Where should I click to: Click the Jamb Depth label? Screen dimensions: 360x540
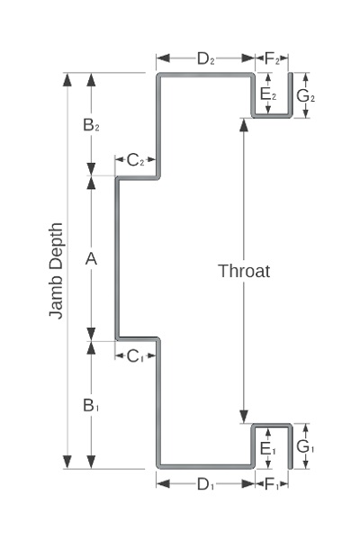tap(56, 271)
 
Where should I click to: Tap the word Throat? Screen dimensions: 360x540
tap(244, 271)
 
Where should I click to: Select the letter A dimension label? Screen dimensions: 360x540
tap(91, 258)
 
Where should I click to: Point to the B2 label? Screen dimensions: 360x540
tap(91, 125)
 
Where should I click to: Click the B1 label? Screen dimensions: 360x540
tap(91, 405)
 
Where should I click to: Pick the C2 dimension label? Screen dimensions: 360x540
tap(135, 160)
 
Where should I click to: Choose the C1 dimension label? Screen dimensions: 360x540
tap(135, 356)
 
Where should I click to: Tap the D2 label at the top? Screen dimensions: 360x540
tap(206, 58)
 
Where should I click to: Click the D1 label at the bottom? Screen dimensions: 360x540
tap(206, 484)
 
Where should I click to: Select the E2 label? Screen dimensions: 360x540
tap(268, 94)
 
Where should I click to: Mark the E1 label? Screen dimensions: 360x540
tap(268, 449)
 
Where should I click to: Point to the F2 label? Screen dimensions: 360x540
tap(272, 58)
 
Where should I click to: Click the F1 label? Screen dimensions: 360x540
tap(272, 484)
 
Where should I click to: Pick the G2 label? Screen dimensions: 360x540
tap(306, 96)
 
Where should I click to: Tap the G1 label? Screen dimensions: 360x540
tap(305, 446)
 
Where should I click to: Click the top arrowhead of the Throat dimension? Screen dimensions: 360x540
tap(244, 125)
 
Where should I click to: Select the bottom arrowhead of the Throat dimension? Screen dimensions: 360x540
tap(244, 417)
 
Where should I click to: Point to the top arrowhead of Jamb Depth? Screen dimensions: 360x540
tap(67, 79)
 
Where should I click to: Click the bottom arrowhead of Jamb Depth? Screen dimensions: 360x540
tap(67, 462)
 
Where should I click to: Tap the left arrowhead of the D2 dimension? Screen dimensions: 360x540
tap(163, 58)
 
